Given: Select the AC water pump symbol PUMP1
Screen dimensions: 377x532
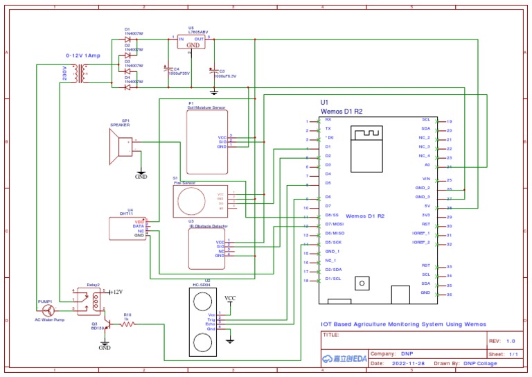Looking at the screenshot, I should click(47, 310).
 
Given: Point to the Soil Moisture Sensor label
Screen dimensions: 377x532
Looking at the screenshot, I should click(206, 107).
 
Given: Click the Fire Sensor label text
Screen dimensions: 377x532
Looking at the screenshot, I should click(184, 182).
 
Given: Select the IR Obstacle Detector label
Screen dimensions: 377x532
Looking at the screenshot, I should click(208, 226).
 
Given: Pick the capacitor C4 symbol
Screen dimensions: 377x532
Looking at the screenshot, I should click(167, 69).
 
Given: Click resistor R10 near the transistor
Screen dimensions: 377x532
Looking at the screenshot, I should click(127, 323).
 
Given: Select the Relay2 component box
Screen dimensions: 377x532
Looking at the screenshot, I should click(87, 300).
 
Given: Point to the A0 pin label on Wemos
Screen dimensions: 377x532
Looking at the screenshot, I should click(427, 165).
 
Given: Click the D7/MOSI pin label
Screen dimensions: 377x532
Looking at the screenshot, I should click(335, 225).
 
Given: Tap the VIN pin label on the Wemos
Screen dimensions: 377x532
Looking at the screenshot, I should click(426, 179).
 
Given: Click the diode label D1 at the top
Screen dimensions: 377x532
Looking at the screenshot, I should click(127, 30).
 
